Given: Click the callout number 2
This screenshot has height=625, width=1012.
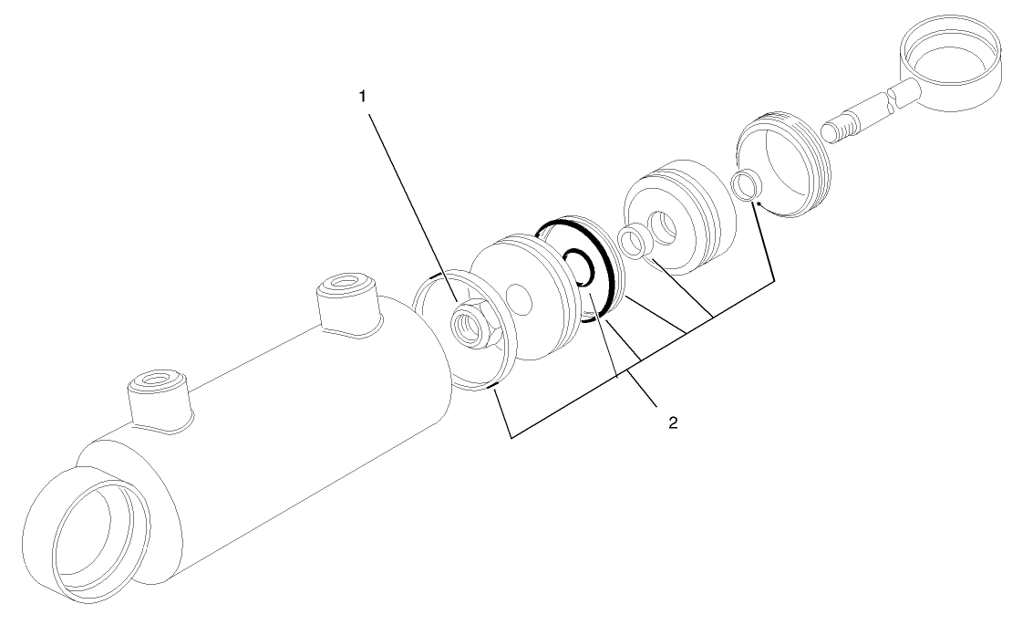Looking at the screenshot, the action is (672, 422).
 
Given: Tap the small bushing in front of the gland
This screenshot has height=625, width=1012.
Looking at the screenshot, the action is (632, 242).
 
